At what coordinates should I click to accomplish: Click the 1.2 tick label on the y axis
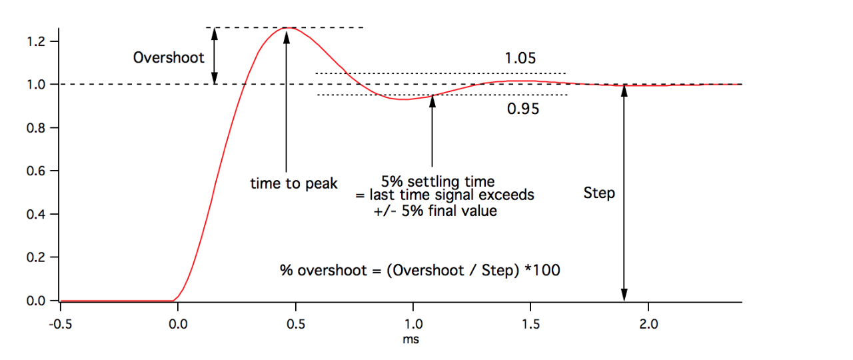(x=35, y=41)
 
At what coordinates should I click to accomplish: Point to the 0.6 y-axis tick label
(x=35, y=171)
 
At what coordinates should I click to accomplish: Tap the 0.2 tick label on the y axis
(x=35, y=257)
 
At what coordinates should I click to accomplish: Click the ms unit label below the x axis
(x=412, y=339)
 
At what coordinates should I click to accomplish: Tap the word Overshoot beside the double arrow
(x=169, y=57)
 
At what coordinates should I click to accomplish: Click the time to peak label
(x=294, y=183)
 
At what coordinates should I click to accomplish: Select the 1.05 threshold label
(x=520, y=58)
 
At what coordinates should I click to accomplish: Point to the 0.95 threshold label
(x=523, y=109)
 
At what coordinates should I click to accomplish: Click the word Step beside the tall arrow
(x=599, y=194)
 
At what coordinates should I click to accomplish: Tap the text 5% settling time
(x=438, y=181)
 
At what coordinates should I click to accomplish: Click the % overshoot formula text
(x=420, y=270)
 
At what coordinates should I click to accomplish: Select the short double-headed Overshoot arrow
(x=215, y=56)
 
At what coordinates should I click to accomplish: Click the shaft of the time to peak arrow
(x=287, y=107)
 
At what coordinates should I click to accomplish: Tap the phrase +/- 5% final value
(x=435, y=212)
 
